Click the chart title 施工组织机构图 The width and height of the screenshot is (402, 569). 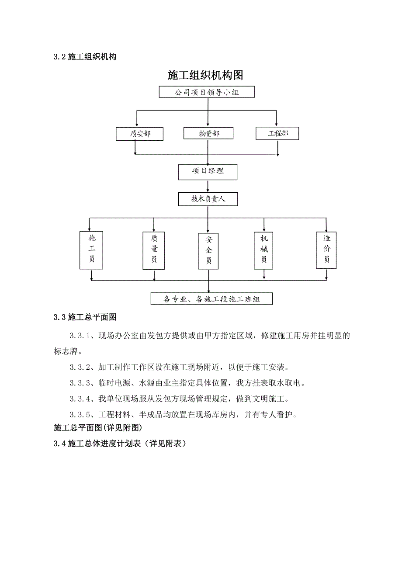(205, 75)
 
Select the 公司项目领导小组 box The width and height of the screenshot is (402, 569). (207, 92)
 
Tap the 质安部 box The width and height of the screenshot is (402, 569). (140, 134)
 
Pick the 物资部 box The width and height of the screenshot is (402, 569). (208, 134)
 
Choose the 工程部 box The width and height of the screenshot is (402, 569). (277, 133)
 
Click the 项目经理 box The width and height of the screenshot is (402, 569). (208, 171)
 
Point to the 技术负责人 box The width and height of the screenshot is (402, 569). (208, 199)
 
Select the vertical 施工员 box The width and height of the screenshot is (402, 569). (91, 250)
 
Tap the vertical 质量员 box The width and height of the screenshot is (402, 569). (154, 250)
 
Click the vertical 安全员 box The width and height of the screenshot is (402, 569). (208, 250)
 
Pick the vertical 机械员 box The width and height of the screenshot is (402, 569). (263, 250)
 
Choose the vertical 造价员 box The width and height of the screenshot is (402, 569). (326, 250)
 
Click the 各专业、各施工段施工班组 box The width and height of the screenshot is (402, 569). (211, 299)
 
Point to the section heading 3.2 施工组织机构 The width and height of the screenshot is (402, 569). (85, 57)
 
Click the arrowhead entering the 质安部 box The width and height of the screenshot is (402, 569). (137, 125)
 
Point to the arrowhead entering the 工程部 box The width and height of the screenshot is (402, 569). (276, 125)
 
